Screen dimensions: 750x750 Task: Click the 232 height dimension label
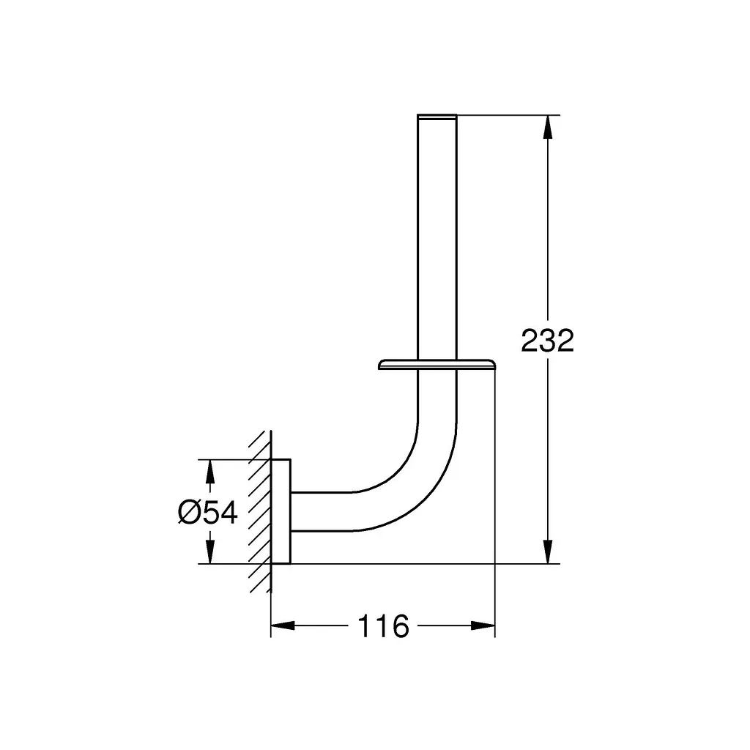[547, 341]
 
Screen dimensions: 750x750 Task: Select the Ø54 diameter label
[207, 513]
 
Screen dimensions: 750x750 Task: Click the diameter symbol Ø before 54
[188, 513]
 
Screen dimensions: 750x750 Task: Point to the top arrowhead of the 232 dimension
[548, 127]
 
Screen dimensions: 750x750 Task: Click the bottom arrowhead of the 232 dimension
[548, 552]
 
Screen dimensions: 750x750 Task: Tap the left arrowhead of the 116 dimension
[283, 625]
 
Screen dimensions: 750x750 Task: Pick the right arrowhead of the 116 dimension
[483, 625]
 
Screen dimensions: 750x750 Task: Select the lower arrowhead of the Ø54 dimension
[209, 552]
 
